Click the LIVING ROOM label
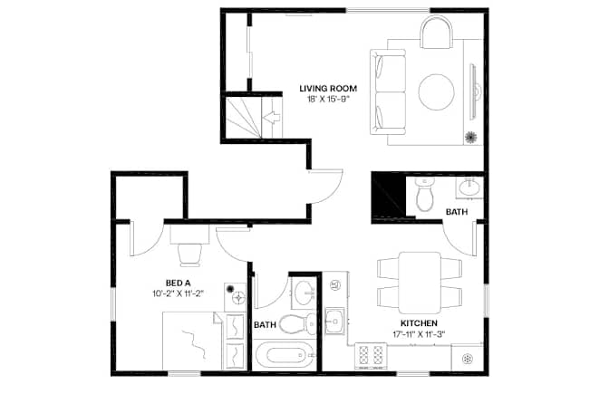point(328,89)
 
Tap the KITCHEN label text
point(419,323)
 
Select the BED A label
point(178,283)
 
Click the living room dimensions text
point(328,99)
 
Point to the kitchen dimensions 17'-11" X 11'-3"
point(419,334)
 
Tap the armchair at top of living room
point(437,33)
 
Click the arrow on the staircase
point(271,117)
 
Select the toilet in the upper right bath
point(424,194)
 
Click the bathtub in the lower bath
point(285,356)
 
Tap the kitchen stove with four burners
point(371,356)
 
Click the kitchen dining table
point(420,283)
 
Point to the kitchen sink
point(334,321)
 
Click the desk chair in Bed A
point(189,255)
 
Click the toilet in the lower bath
point(297,323)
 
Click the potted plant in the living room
point(470,137)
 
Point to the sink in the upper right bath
point(469,187)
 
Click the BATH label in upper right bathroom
point(457,212)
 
